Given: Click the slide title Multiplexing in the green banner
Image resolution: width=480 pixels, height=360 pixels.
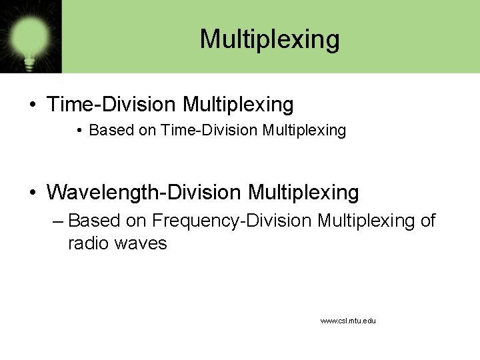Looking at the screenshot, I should click(269, 39).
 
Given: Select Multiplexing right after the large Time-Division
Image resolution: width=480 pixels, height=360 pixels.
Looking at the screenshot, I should click(238, 105).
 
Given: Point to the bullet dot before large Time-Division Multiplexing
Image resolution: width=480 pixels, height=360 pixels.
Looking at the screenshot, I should click(32, 105).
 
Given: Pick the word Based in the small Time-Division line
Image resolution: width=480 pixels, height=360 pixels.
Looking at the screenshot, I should click(111, 131).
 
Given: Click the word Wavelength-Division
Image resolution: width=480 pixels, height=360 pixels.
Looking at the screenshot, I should click(143, 193).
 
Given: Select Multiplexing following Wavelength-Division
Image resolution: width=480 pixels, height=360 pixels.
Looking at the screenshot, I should click(303, 193).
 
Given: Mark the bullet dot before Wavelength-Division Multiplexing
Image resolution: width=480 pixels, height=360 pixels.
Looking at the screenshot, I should click(32, 193).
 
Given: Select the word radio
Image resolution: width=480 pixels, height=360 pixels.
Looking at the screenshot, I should click(89, 243).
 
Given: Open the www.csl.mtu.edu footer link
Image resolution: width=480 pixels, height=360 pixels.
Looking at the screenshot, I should click(348, 321).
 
